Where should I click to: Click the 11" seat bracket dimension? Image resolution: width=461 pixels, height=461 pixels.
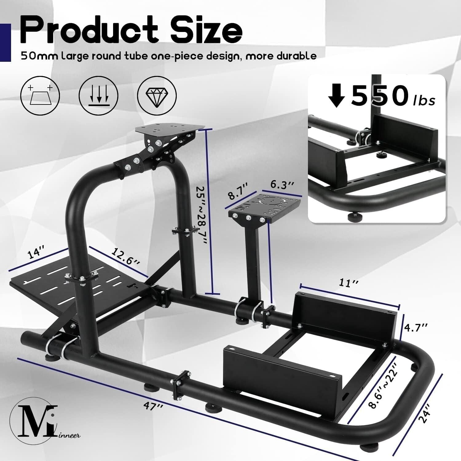point(346,283)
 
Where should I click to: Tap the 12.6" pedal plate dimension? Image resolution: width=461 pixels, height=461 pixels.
point(125,257)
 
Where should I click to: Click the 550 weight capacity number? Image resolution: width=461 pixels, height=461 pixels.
point(379,95)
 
